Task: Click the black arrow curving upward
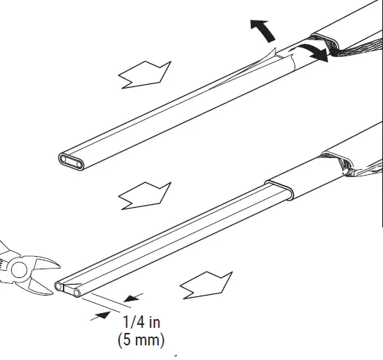coord(259,31)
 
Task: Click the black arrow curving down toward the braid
coord(312,52)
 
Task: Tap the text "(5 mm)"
coord(140,340)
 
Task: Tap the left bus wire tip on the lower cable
coord(59,289)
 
